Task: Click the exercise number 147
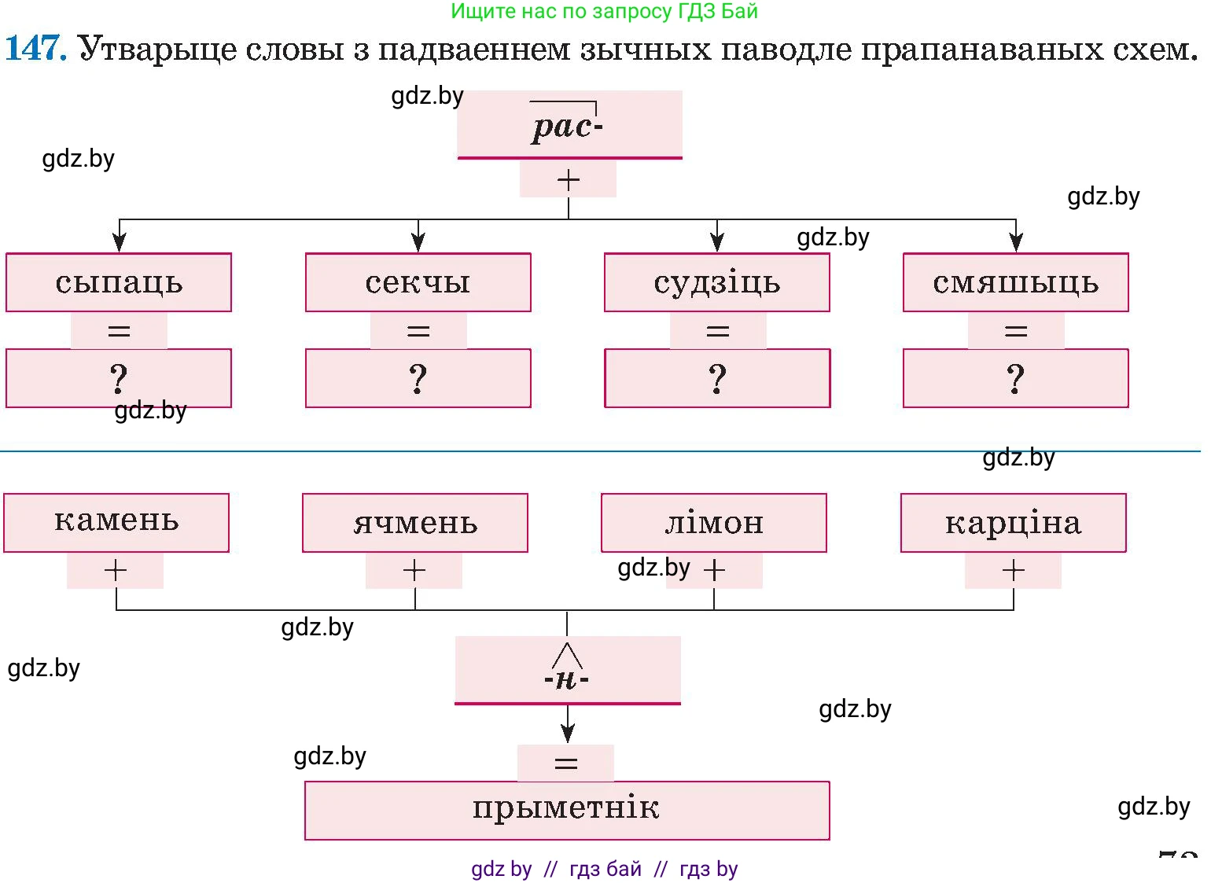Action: pyautogui.click(x=35, y=48)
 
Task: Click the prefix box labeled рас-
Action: pyautogui.click(x=569, y=125)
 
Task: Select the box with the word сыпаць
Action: pyautogui.click(x=119, y=282)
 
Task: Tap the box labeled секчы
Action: pyautogui.click(x=418, y=282)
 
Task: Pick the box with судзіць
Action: pyautogui.click(x=716, y=282)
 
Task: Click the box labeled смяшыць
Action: pyautogui.click(x=1015, y=282)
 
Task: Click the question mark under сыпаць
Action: pyautogui.click(x=119, y=379)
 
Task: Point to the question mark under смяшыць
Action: pyautogui.click(x=1015, y=379)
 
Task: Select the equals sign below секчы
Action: pyautogui.click(x=418, y=331)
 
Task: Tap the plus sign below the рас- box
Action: pyautogui.click(x=568, y=180)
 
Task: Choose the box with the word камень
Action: pyautogui.click(x=116, y=522)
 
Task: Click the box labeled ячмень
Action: pyautogui.click(x=415, y=522)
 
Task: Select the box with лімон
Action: pyautogui.click(x=714, y=522)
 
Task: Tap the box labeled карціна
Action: pyautogui.click(x=1013, y=522)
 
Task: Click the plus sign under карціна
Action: pyautogui.click(x=1013, y=570)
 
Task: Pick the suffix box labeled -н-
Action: pyautogui.click(x=567, y=670)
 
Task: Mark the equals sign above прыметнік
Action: pyautogui.click(x=565, y=763)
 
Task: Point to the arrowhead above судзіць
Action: pyautogui.click(x=716, y=241)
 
